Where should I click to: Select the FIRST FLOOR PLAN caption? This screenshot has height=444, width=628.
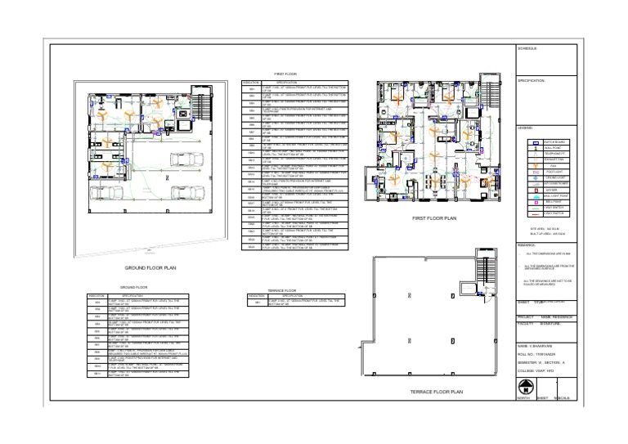434,219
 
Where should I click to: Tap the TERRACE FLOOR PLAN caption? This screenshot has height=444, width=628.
436,392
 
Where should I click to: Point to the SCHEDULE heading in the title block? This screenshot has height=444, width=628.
527,49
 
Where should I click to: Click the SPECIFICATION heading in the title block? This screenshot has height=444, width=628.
531,80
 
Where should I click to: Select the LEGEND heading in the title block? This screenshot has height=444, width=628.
525,128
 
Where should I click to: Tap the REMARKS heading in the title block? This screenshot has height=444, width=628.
526,244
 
